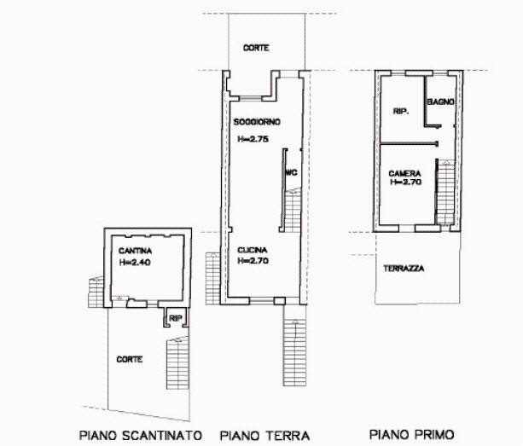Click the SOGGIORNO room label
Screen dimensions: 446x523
pyautogui.click(x=257, y=122)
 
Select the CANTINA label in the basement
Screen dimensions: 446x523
pyautogui.click(x=136, y=251)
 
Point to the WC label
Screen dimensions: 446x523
pyautogui.click(x=290, y=172)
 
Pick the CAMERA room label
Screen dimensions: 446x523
pyautogui.click(x=404, y=171)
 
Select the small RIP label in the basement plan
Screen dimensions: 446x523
pyautogui.click(x=175, y=318)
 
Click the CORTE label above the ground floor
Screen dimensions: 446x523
pyautogui.click(x=255, y=48)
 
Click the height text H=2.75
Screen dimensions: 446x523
pyautogui.click(x=253, y=138)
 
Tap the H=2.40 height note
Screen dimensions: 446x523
pyautogui.click(x=136, y=263)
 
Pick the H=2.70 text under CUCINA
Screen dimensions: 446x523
pyautogui.click(x=253, y=260)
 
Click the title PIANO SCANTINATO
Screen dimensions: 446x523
pyautogui.click(x=140, y=434)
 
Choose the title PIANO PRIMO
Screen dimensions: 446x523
pyautogui.click(x=411, y=433)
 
